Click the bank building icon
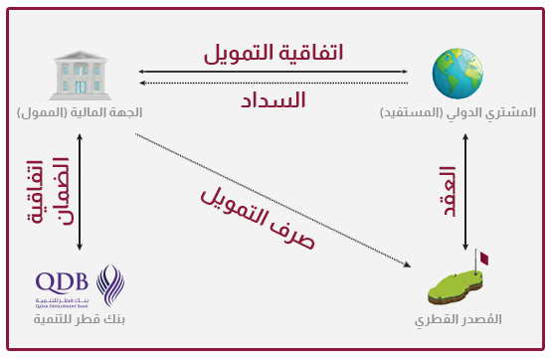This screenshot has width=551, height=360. coord(80,77)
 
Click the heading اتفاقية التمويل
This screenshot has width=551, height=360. coord(275,51)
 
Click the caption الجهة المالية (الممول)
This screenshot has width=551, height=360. coord(80,112)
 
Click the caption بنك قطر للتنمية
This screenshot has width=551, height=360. coord(80,320)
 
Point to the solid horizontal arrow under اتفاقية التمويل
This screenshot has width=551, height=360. coord(274,71)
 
